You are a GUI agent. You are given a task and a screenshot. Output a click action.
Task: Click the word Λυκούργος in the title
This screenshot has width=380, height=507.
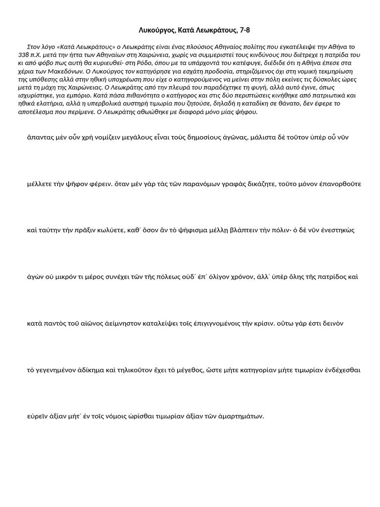[155, 31]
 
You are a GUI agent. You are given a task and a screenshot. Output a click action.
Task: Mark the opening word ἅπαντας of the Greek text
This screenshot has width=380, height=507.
[40, 137]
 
